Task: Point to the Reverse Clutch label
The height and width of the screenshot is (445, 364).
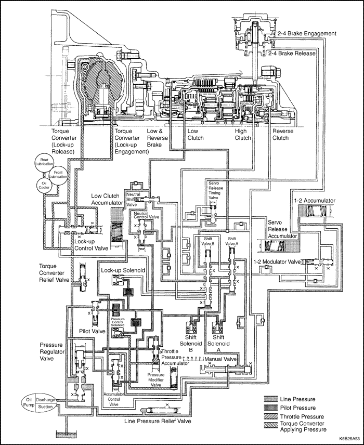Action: click(x=283, y=134)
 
